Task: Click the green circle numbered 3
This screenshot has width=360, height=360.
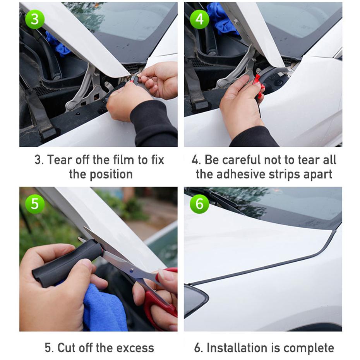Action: [x=35, y=19]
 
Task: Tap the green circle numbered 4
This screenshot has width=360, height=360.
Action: [x=199, y=19]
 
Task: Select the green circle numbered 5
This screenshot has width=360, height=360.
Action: [x=35, y=204]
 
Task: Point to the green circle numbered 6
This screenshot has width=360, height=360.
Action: [x=199, y=204]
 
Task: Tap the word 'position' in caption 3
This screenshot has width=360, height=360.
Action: [x=111, y=175]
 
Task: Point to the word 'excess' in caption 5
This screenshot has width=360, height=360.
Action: [x=135, y=348]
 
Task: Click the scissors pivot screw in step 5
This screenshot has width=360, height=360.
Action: [x=132, y=270]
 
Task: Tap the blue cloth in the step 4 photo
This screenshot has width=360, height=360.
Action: [x=221, y=18]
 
